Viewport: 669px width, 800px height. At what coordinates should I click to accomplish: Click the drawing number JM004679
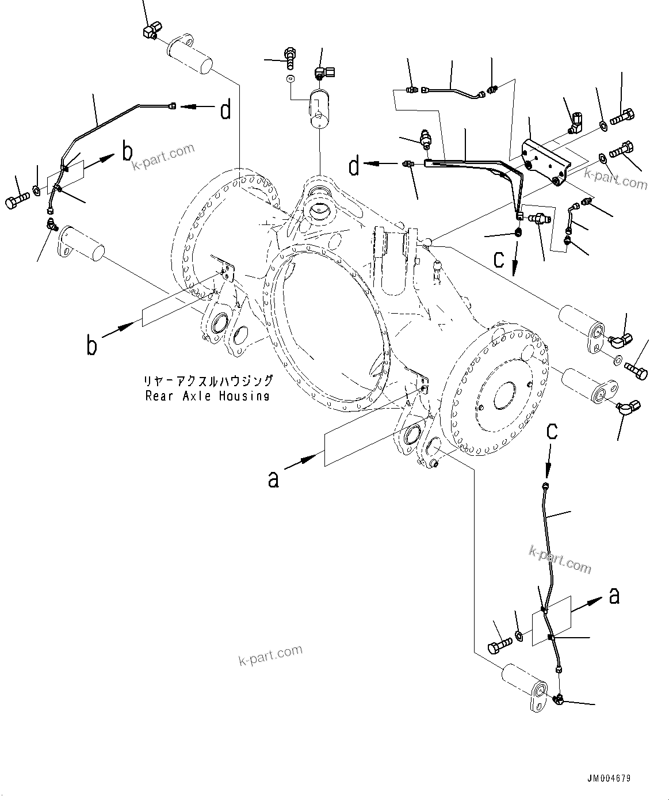click(x=609, y=778)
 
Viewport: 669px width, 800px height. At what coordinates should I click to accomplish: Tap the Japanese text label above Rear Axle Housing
click(x=208, y=381)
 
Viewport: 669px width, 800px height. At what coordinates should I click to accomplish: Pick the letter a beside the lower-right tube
click(x=614, y=596)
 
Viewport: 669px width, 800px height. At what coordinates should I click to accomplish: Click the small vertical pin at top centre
click(x=318, y=109)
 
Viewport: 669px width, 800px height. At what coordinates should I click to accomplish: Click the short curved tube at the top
click(x=453, y=90)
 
